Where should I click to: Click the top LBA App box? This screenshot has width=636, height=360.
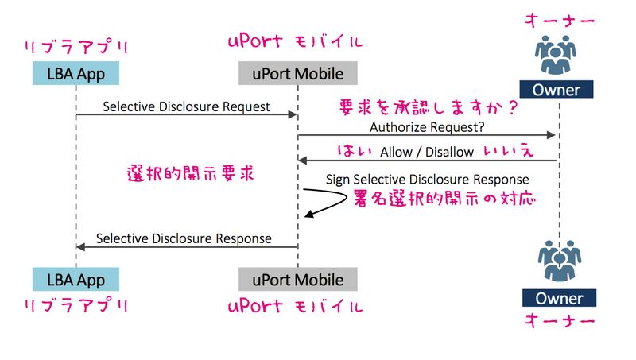tap(76, 74)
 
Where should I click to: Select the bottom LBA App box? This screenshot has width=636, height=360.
tap(76, 279)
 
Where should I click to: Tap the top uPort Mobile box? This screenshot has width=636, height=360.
tap(297, 74)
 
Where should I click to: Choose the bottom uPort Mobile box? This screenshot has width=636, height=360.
tap(297, 279)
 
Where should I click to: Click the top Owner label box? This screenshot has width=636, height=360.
tap(557, 89)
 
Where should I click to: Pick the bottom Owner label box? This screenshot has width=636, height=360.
tap(558, 299)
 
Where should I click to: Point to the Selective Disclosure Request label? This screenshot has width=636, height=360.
tap(186, 106)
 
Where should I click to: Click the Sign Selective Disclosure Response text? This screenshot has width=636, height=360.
tap(427, 180)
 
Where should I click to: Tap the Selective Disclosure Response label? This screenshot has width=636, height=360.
tap(184, 238)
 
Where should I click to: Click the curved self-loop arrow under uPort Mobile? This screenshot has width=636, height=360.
tap(326, 203)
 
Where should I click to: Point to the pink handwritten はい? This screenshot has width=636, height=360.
tap(351, 151)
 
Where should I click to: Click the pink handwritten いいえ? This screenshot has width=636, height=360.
tap(514, 151)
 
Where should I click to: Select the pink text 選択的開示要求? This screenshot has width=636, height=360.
tap(191, 174)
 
